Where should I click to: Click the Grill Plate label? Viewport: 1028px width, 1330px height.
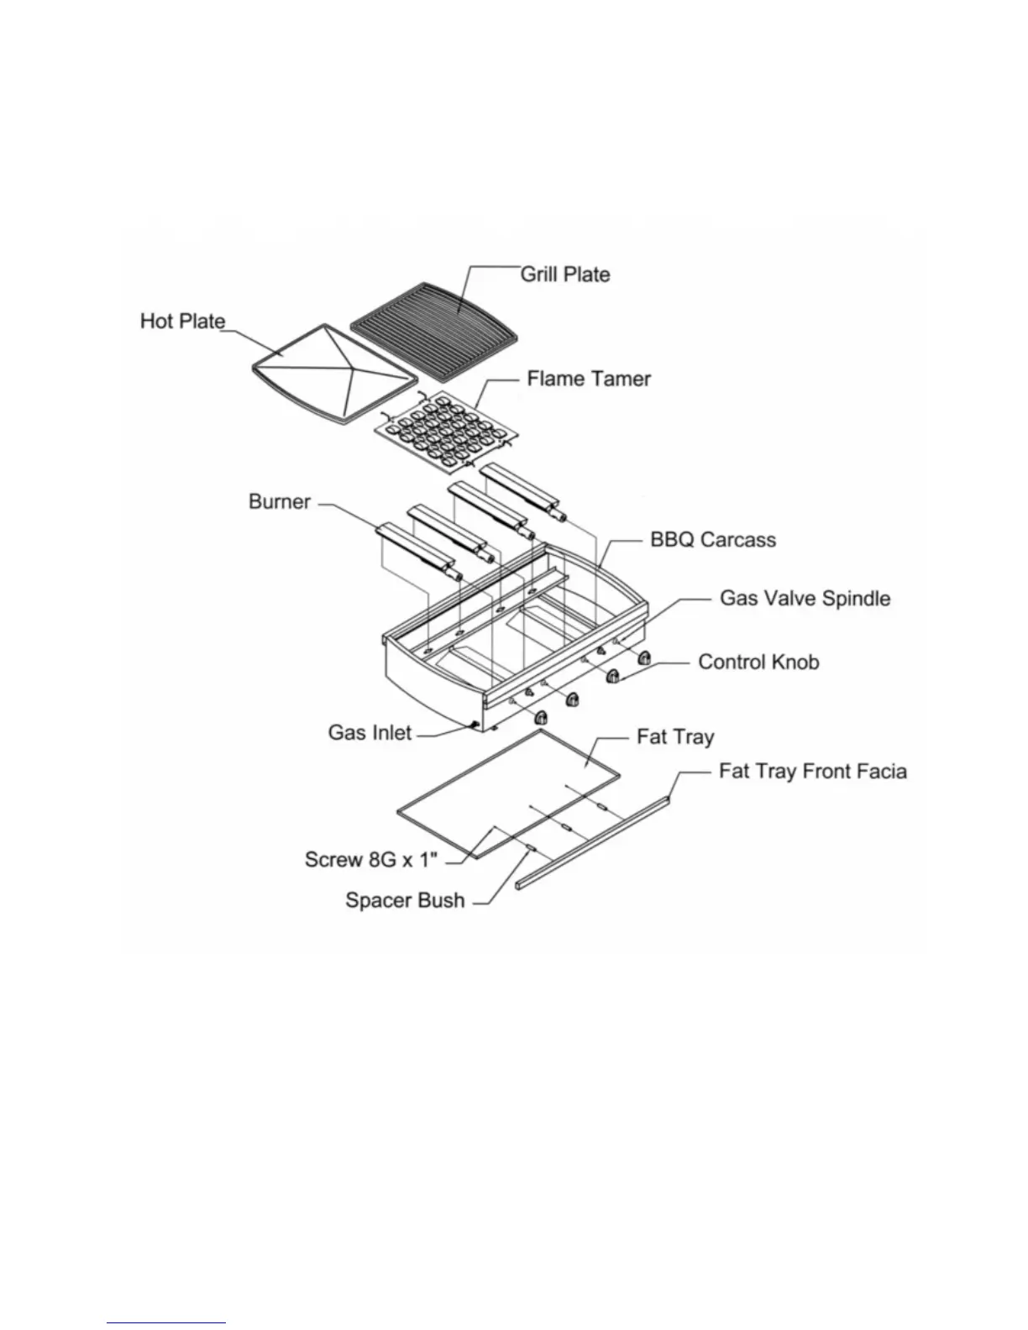click(x=565, y=275)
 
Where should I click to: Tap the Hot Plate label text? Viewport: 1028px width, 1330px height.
click(x=182, y=322)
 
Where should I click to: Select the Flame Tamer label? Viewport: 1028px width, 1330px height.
click(x=589, y=380)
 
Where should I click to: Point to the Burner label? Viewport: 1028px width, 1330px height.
click(x=280, y=502)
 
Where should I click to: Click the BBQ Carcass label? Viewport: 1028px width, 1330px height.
click(x=713, y=539)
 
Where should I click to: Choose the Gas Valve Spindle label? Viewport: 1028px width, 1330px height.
click(x=805, y=599)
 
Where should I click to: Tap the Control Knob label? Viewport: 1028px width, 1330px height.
click(x=758, y=662)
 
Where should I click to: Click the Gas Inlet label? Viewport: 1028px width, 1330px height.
click(x=370, y=733)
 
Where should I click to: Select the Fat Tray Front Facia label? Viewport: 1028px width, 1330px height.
click(x=812, y=772)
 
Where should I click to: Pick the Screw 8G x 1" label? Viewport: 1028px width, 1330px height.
click(x=373, y=860)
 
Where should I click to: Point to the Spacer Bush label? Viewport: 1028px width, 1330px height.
click(x=405, y=901)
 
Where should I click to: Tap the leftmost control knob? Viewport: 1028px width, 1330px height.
click(x=540, y=716)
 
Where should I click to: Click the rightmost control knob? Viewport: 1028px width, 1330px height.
click(x=645, y=657)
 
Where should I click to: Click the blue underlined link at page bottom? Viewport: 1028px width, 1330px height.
click(x=166, y=1323)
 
